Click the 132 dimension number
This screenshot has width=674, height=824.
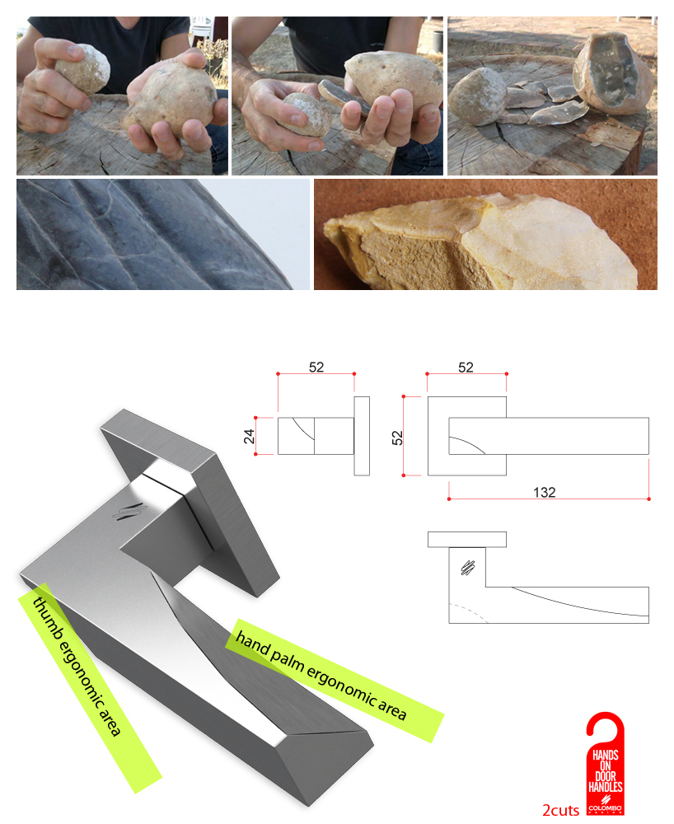[544, 493]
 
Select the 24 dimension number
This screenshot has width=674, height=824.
[248, 436]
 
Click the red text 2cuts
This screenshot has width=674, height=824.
[560, 809]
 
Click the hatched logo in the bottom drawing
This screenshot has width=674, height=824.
[466, 567]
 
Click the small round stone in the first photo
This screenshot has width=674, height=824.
[82, 67]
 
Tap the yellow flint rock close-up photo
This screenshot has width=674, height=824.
[485, 235]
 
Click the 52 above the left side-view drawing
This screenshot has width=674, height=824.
[316, 368]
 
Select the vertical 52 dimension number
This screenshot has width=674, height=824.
[396, 436]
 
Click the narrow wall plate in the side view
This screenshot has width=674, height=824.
[362, 436]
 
